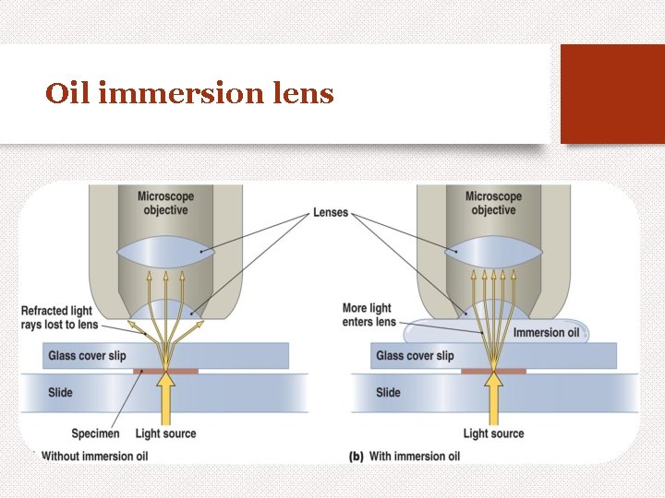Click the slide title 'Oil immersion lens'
point(189,94)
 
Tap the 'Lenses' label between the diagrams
point(330,212)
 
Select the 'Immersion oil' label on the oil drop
point(546,332)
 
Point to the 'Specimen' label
point(95,433)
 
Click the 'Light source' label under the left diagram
point(165,433)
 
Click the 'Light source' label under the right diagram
point(493,433)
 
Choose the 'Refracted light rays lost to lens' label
point(58,318)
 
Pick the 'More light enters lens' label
point(369,314)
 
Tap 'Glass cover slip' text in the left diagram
point(87,356)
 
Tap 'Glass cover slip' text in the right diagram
point(415,356)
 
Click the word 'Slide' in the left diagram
point(60,393)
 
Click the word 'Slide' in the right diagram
point(388,393)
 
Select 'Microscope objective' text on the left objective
point(165,203)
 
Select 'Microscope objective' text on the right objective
point(493,203)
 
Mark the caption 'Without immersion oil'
point(95,456)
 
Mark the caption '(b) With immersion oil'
point(404,456)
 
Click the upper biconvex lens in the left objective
point(165,252)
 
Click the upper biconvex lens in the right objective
point(493,252)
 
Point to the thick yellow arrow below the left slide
point(165,401)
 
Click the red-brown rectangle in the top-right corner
point(612,94)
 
